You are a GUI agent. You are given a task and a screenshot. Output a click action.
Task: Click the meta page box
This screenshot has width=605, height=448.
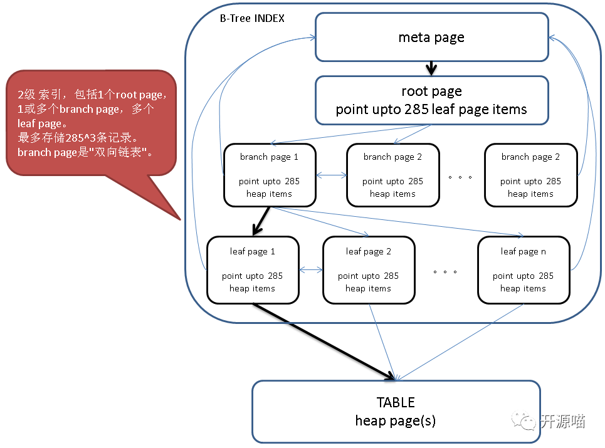point(431,37)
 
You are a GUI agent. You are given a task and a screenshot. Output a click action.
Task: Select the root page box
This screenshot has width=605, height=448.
point(431,100)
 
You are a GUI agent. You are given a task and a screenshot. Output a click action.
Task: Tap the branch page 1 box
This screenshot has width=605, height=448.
point(269,175)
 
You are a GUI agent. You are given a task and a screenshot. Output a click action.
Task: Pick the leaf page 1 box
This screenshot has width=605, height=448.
point(252,269)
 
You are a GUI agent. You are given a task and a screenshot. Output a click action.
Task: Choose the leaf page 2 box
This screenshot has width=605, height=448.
point(368,269)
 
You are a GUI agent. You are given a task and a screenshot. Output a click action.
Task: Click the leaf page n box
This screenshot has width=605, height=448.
point(523,269)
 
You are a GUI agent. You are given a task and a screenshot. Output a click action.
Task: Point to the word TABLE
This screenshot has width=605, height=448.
point(396,402)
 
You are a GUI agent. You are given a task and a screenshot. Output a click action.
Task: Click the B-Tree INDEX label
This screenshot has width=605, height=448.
point(251,18)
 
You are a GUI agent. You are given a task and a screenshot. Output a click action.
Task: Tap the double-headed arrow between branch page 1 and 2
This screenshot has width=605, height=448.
point(331,175)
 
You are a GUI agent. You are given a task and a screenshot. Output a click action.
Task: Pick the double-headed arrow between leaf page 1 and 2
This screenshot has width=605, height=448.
point(311,270)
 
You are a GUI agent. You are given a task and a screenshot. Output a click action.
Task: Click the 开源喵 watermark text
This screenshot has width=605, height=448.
point(563,421)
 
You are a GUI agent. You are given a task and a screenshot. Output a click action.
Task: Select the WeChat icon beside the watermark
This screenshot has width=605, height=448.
point(524,420)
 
